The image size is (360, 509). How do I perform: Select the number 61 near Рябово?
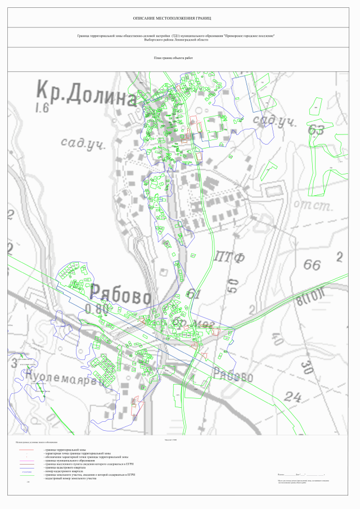coord(193,294)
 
